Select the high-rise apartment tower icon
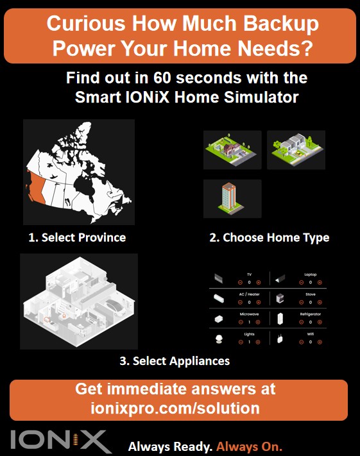pos(232,199)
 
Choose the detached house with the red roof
pos(232,149)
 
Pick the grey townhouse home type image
pos(296,149)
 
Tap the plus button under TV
pos(259,283)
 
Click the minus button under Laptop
pos(300,283)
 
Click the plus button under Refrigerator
pos(320,323)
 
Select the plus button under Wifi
pos(320,342)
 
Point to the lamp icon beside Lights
pos(219,339)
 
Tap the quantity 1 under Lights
pos(249,342)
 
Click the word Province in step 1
pos(101,238)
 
